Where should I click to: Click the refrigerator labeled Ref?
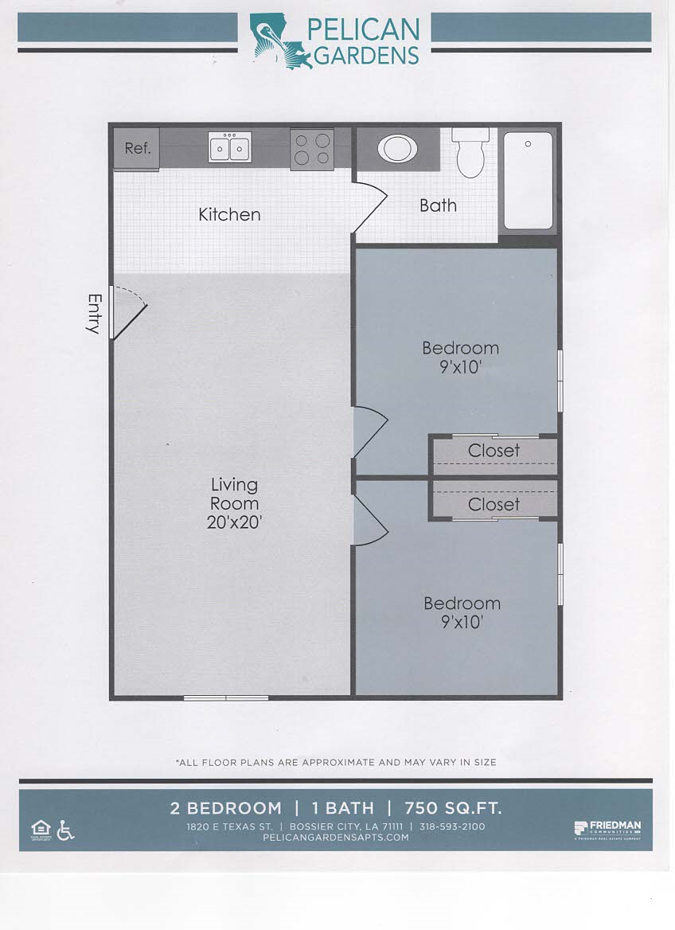tap(137, 148)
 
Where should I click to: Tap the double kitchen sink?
tap(230, 147)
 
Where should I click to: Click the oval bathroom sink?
tap(396, 148)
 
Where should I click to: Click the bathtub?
tap(527, 182)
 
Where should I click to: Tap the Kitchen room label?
tap(229, 214)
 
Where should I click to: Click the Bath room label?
tap(438, 205)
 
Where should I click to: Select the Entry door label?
tap(95, 314)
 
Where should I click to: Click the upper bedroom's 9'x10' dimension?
tap(460, 367)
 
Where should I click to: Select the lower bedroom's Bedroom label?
tap(462, 604)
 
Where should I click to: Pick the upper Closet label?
tap(494, 451)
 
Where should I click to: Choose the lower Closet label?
tap(494, 504)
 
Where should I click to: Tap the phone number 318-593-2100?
tap(452, 826)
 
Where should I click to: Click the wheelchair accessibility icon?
tap(66, 830)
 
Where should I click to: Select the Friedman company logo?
tap(607, 828)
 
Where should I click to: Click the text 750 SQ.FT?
tap(453, 808)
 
